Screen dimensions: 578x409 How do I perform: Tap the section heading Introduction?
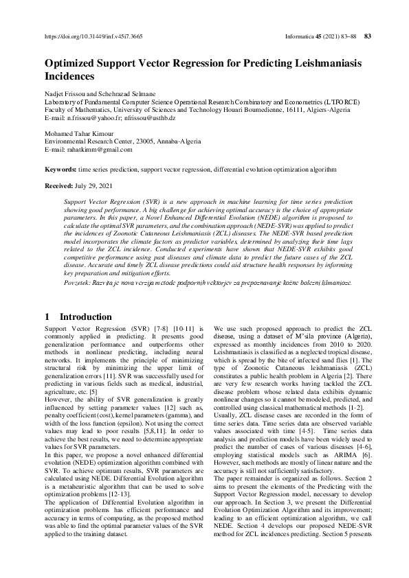[85, 316]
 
